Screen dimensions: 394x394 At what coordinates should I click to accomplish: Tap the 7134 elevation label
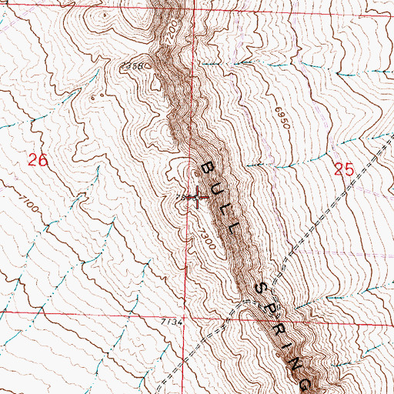tap(173, 322)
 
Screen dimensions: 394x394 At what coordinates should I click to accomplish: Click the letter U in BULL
tap(216, 189)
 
